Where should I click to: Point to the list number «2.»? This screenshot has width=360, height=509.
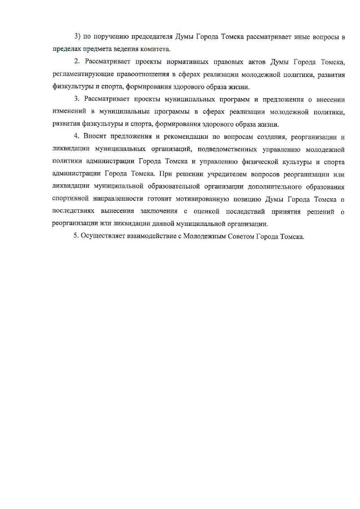[77, 62]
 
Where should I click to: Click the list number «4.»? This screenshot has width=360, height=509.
[77, 136]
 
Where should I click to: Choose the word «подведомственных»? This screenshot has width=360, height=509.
[227, 149]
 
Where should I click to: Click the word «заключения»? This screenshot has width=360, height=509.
[159, 211]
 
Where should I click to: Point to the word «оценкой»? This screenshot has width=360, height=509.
[206, 211]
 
